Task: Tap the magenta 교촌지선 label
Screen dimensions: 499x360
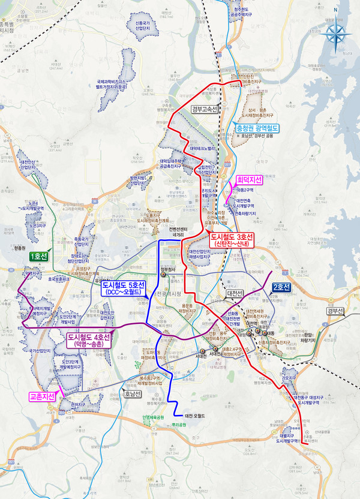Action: point(42,396)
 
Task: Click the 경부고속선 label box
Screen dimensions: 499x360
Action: point(205,109)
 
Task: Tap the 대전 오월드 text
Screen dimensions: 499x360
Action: point(195,415)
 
